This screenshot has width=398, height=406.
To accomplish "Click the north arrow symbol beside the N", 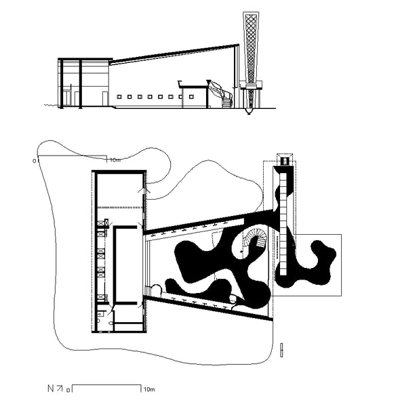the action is pos(60,388).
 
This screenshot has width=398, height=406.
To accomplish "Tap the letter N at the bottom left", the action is pos(51,388).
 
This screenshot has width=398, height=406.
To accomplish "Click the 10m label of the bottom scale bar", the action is pos(149,389).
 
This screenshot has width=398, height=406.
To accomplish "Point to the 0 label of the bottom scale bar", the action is pos(68,390).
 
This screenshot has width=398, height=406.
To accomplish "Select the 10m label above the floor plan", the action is pos(115,160).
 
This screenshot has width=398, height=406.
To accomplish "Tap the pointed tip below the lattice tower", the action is pos(249,114).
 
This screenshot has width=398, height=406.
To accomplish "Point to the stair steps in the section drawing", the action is pos(227,102).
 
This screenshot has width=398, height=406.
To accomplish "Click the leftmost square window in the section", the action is pos(119,97).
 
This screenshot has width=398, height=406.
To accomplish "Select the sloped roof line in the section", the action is pos(174,54).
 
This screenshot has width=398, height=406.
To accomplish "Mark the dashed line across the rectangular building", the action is pos(120,208).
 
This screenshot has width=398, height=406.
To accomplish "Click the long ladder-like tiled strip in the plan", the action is pos(283,224).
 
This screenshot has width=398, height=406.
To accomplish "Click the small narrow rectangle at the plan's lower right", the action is pos(281,350).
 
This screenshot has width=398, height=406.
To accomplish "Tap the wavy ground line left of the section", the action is pos(51,105).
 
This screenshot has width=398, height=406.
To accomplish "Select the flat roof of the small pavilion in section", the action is pos(193,86).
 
